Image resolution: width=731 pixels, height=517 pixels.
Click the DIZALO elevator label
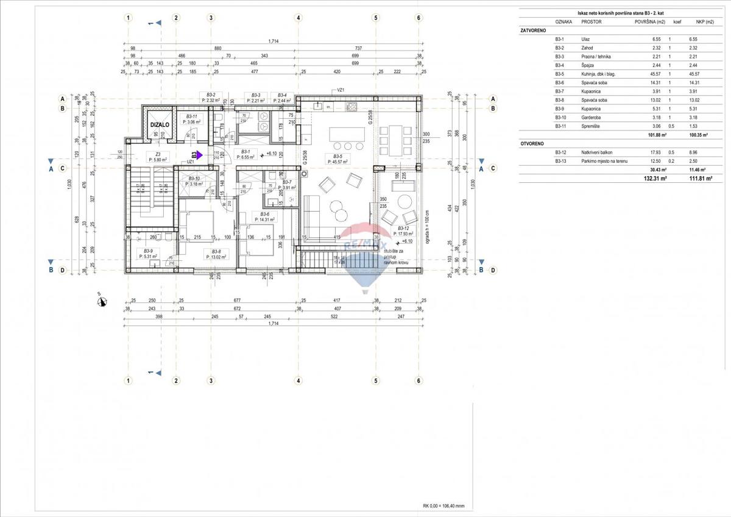(x=160, y=124)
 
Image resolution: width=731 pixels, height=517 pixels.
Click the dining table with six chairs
(x=393, y=140)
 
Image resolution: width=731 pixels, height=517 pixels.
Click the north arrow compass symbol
(x=102, y=301)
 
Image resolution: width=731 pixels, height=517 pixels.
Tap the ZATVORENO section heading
(x=533, y=30)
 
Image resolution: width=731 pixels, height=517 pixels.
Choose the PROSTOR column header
(x=592, y=21)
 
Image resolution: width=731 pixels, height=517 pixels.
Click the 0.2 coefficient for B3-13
(x=669, y=161)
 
